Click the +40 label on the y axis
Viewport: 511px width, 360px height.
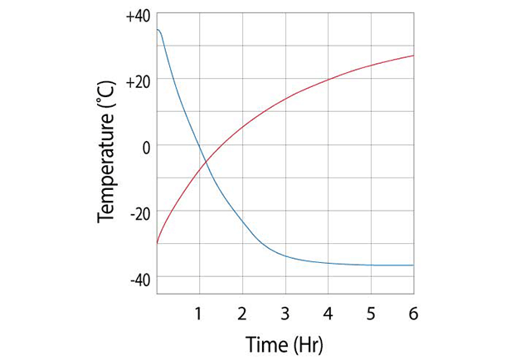click(138, 16)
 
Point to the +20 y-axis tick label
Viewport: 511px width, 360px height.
click(138, 80)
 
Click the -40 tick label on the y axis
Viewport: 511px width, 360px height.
click(139, 280)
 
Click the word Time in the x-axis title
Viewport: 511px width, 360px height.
click(264, 343)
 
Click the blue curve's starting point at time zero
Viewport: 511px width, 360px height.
click(157, 30)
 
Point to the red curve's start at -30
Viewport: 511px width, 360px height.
click(157, 244)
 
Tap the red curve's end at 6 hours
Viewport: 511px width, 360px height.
click(413, 56)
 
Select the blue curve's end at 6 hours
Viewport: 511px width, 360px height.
click(413, 265)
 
